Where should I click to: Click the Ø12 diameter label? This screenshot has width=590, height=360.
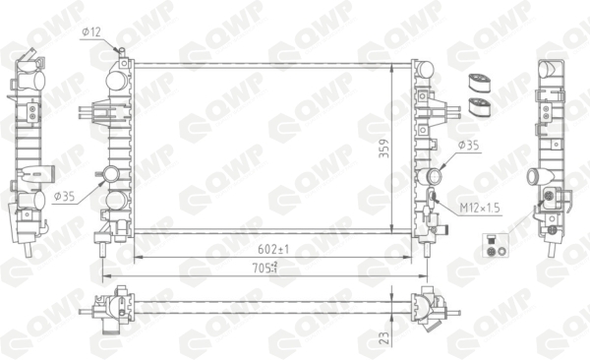coord(91,32)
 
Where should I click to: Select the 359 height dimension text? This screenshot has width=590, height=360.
coord(384,149)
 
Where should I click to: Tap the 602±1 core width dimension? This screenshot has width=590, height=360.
coord(273,249)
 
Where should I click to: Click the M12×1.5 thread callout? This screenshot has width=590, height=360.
coord(481,208)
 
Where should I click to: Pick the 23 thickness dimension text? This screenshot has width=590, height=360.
coord(384,337)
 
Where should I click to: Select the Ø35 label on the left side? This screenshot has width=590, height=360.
coord(64,196)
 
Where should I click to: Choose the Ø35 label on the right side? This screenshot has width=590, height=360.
coord(468,146)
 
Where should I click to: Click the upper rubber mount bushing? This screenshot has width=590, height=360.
coord(479,84)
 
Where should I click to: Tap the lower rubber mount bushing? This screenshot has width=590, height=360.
coord(480,107)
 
